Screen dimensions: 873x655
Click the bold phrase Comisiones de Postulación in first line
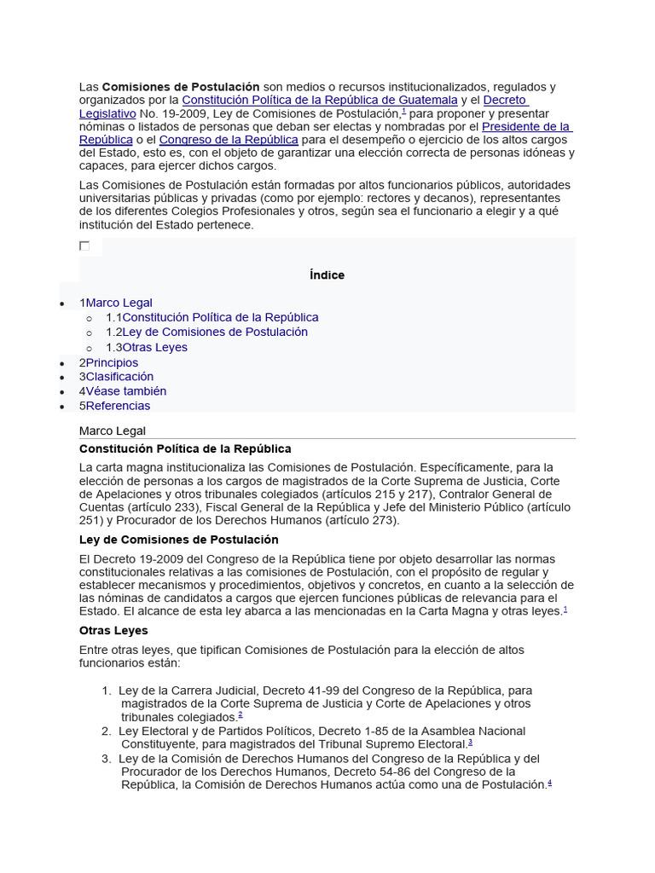click(180, 87)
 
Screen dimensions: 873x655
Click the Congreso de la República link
click(228, 139)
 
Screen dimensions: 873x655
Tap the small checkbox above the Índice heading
click(84, 246)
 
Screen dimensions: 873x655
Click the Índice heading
click(327, 275)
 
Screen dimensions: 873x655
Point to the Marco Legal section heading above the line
click(113, 431)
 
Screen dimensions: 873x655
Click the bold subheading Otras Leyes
click(113, 630)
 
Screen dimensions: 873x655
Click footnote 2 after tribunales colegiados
click(241, 715)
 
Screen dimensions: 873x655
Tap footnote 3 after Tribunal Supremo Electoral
click(470, 743)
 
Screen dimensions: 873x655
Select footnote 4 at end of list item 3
click(549, 783)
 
